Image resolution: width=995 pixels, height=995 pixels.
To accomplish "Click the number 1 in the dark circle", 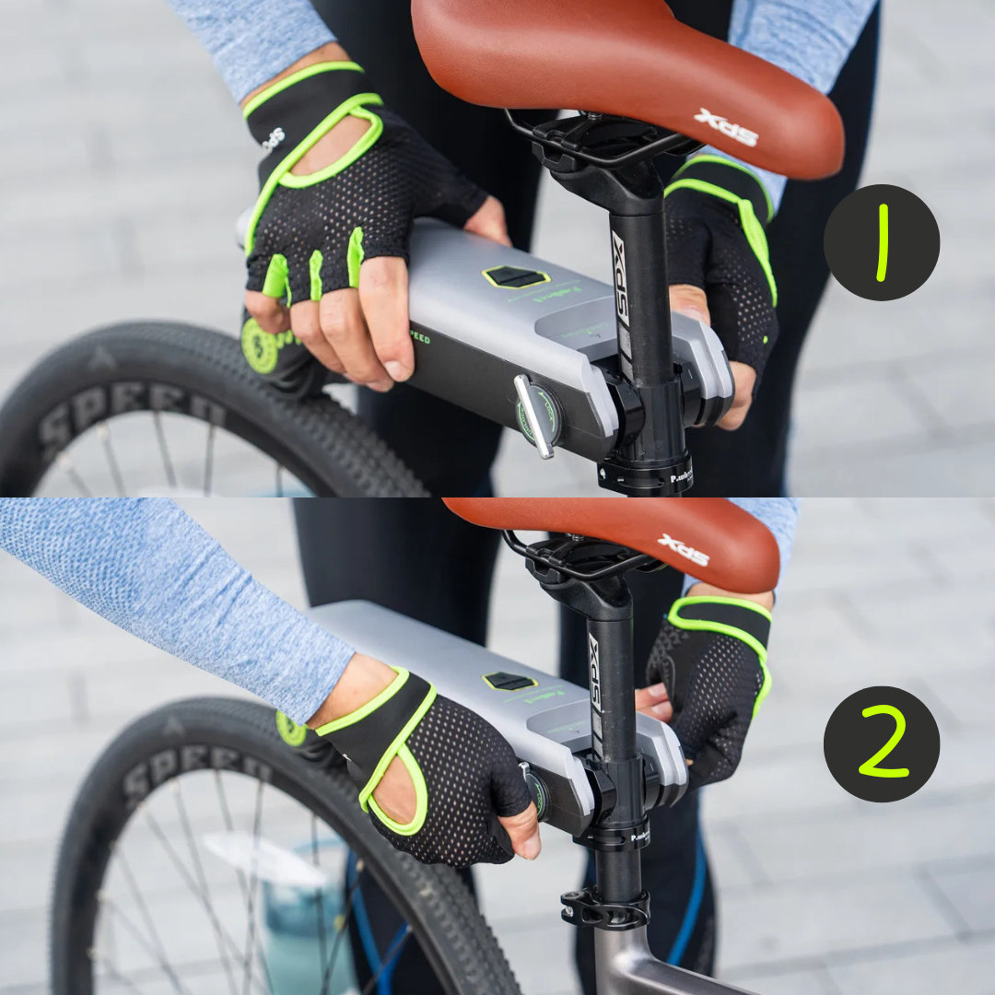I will click(x=882, y=242).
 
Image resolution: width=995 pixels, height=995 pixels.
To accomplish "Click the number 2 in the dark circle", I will click(x=882, y=743).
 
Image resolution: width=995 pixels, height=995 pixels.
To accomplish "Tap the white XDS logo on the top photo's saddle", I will click(x=726, y=127).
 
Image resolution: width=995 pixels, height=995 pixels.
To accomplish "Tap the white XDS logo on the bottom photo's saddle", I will click(x=683, y=549).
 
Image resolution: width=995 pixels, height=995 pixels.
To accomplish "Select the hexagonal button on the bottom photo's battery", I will click(x=509, y=681).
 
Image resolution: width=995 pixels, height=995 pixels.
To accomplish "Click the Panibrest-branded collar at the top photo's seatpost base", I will click(x=645, y=475).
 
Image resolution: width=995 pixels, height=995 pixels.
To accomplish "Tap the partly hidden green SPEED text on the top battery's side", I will click(x=419, y=338).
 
